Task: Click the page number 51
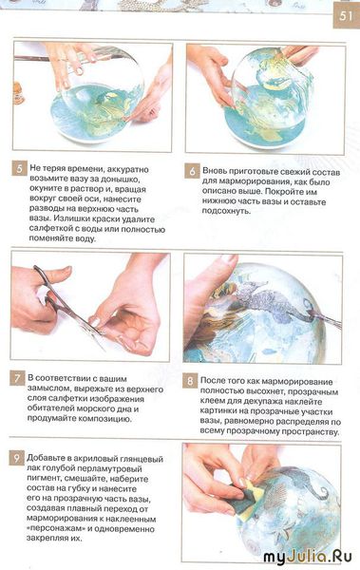[346, 15]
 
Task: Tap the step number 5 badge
[19, 168]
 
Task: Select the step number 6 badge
[193, 171]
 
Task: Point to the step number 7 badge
[17, 378]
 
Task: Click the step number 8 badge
[190, 381]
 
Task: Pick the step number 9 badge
[16, 458]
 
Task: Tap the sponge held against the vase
[248, 495]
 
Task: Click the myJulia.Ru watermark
[307, 557]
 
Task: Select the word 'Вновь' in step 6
[215, 171]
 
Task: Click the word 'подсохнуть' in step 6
[227, 211]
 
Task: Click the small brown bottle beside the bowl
[18, 93]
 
